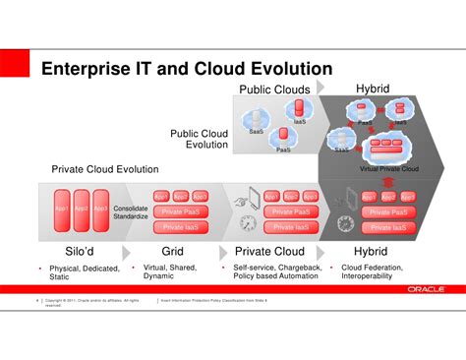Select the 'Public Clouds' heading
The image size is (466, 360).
tap(275, 90)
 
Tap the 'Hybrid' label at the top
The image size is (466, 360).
tap(372, 90)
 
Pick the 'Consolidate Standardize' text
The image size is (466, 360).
tap(131, 212)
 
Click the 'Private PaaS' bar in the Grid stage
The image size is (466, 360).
tap(180, 211)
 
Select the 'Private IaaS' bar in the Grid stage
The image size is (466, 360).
tap(180, 226)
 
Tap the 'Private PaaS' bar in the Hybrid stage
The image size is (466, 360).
tap(385, 211)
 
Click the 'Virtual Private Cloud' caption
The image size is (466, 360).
tap(389, 168)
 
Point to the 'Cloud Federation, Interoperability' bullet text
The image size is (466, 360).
tap(377, 271)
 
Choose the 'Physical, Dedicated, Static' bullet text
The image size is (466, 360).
tap(84, 272)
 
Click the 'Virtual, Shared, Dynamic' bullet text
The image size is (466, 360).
tap(171, 271)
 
